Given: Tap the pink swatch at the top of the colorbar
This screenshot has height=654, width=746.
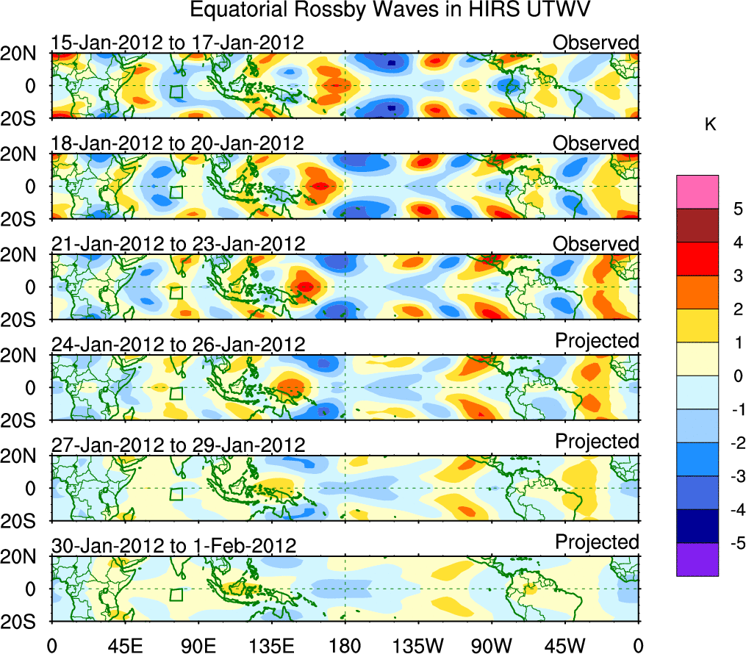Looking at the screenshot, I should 697,192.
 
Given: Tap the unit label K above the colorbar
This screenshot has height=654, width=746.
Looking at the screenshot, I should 710,126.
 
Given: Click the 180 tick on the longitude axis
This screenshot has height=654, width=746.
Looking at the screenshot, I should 344,644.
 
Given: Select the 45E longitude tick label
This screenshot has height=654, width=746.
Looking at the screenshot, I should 124,644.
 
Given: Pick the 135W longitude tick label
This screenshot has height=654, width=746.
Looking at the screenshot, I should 417,644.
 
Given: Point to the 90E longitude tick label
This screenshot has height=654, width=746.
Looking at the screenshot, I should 198,644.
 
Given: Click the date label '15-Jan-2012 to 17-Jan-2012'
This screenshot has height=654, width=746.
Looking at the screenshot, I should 177,43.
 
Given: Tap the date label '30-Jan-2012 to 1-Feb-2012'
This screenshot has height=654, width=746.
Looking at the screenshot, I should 173,546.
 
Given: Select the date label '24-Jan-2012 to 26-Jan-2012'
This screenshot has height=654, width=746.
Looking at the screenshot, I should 177,345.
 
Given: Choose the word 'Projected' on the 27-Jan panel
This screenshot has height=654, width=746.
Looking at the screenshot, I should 597,442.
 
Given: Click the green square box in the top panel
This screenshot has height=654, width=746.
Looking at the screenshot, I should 176,91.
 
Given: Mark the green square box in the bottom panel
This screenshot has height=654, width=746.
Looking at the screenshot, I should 176,594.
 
